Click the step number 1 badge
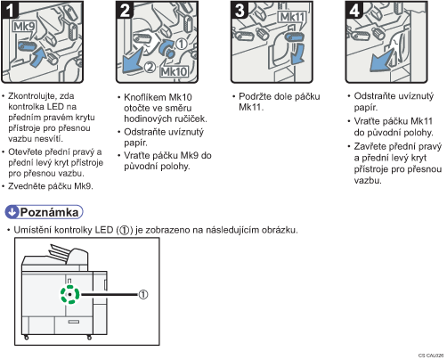[x=10, y=10]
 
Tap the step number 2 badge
[x=125, y=10]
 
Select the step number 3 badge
[x=240, y=10]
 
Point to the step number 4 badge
[x=354, y=10]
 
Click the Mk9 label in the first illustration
[x=24, y=27]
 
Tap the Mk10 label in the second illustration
[x=174, y=71]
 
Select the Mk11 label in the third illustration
[x=292, y=17]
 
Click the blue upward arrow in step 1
[x=38, y=57]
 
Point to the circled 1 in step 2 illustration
[x=182, y=44]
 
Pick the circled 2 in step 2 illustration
[x=150, y=67]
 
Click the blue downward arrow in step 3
[x=297, y=54]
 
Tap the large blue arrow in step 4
[x=383, y=61]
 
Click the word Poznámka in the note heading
[x=49, y=212]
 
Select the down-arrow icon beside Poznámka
[x=12, y=212]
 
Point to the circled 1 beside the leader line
[x=143, y=294]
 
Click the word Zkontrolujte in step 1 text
[x=31, y=96]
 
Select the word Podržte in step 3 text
[x=255, y=96]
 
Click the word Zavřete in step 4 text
[x=370, y=146]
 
